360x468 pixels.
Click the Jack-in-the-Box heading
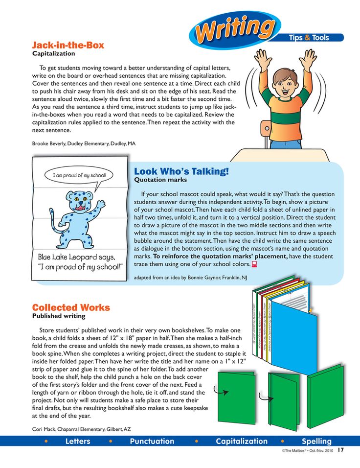click(68, 45)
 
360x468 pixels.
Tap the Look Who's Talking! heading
click(181, 171)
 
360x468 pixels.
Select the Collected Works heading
click(71, 307)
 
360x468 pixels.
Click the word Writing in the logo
click(234, 29)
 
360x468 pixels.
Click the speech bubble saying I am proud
click(79, 175)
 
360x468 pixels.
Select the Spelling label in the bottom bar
click(316, 441)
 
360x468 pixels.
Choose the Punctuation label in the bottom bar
click(152, 441)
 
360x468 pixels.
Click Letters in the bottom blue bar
click(78, 441)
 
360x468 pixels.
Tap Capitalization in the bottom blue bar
click(242, 441)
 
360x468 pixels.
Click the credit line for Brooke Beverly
click(84, 144)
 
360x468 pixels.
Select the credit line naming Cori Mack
click(82, 429)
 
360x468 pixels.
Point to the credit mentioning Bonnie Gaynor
click(190, 278)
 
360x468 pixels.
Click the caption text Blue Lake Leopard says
click(77, 257)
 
